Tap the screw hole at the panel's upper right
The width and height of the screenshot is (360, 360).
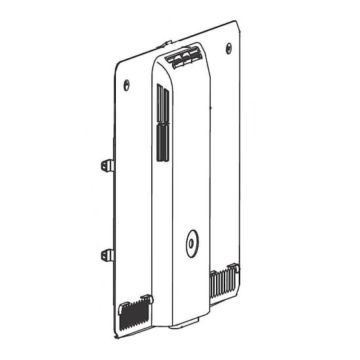(228, 47)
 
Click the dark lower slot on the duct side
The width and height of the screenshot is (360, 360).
(161, 142)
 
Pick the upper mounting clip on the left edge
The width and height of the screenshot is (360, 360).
(107, 166)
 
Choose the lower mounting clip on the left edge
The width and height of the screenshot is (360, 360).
(107, 255)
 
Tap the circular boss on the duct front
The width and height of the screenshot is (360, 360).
(190, 243)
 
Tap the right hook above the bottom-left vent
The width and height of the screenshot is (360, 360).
(149, 298)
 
